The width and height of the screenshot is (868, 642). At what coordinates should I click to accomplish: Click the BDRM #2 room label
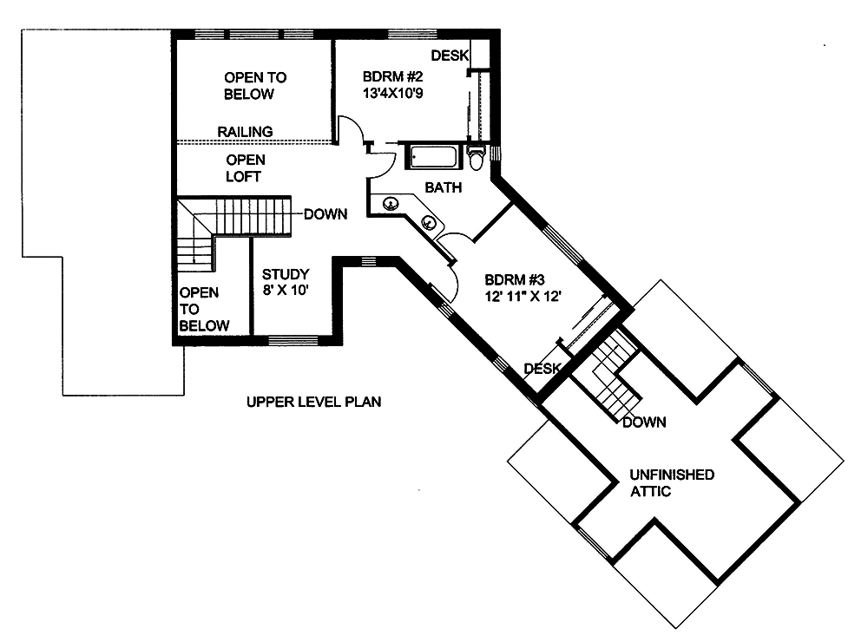[x=392, y=76]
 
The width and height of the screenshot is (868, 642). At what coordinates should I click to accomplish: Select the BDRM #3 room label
[x=515, y=279]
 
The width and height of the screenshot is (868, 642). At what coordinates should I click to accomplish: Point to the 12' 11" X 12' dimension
[x=524, y=295]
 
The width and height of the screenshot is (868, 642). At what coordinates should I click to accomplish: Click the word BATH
[x=443, y=187]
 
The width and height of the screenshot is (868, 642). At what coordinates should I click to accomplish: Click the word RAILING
[x=245, y=131]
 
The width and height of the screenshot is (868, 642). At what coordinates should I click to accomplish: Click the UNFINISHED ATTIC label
[x=673, y=482]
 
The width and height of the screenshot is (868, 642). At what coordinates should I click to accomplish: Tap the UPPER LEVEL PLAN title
[x=313, y=402]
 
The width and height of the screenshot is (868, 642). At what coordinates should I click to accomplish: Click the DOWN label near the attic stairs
[x=644, y=423]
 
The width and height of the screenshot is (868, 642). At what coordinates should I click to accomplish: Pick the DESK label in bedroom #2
[x=449, y=56]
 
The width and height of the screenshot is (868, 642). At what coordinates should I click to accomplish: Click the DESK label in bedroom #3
[x=543, y=369]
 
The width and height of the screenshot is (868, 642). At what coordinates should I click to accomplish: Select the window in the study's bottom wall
[x=293, y=339]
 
